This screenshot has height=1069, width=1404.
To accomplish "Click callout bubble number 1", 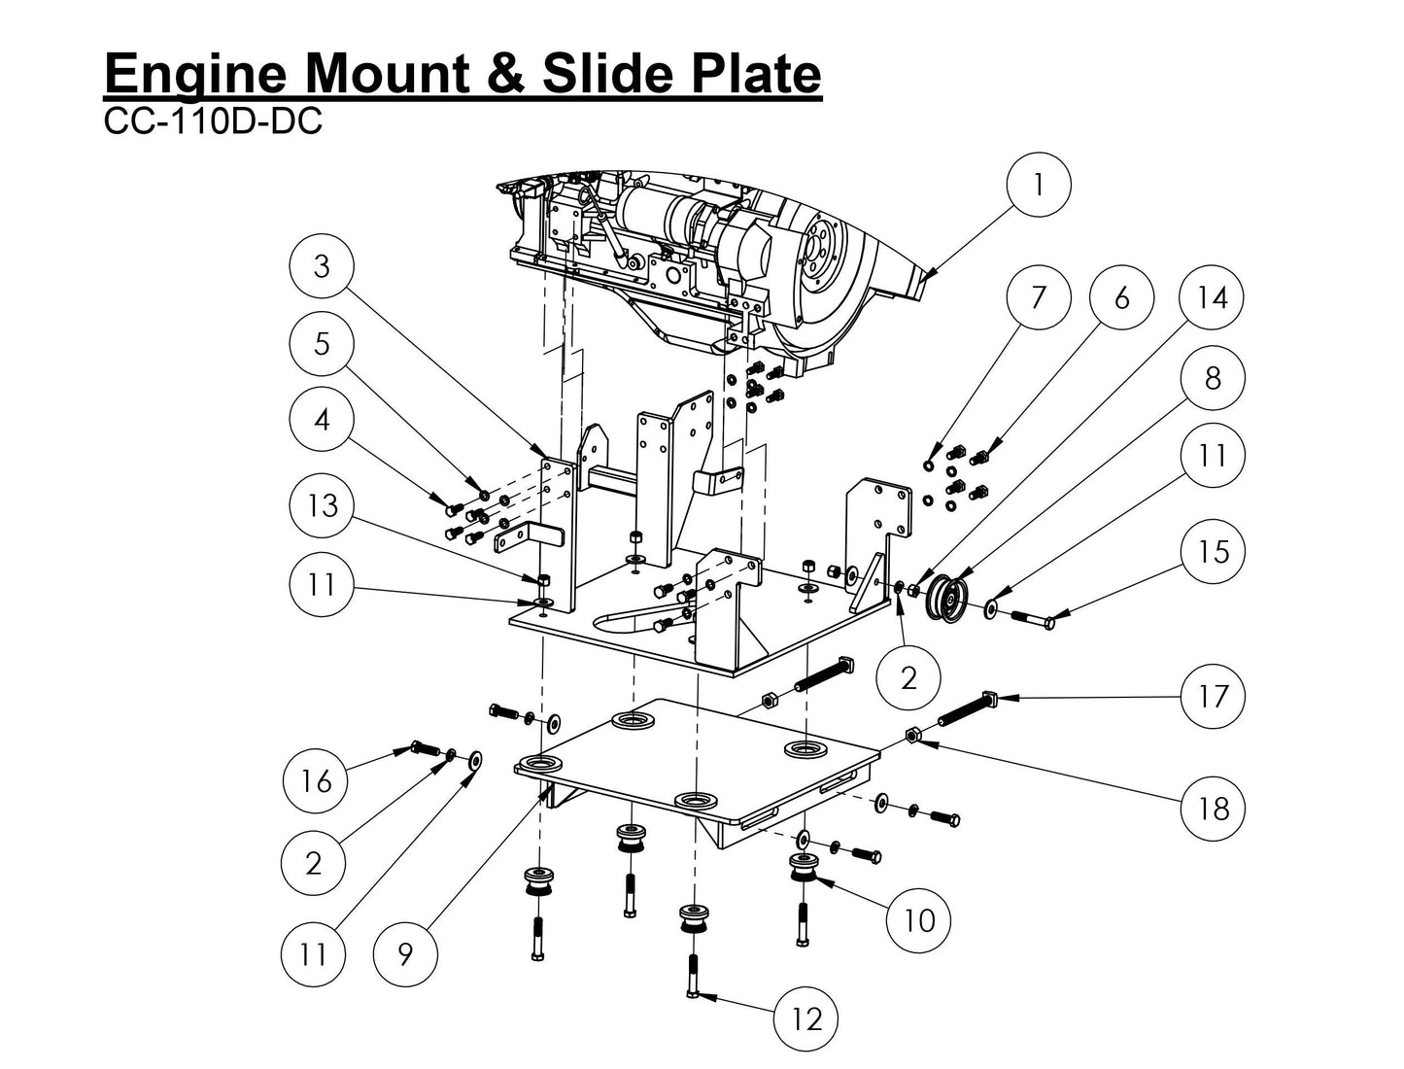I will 1039,184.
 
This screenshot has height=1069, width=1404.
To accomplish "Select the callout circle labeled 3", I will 322,267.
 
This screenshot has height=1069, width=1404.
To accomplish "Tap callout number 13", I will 322,505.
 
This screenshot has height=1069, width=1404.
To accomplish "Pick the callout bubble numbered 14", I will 1212,297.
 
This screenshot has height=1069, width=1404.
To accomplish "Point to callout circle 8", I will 1212,378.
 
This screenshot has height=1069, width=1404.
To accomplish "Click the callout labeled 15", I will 1212,551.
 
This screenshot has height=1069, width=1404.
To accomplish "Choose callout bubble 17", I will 1212,696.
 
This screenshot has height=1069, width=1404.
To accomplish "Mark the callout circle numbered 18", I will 1212,808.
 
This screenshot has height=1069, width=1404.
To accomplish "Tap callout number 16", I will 315,780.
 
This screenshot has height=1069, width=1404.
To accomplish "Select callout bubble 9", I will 405,954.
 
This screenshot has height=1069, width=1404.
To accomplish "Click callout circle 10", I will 918,919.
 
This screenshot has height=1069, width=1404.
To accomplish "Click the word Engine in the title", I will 199,74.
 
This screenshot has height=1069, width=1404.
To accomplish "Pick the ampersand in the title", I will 506,74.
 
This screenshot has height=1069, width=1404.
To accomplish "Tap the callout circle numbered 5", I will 322,344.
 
